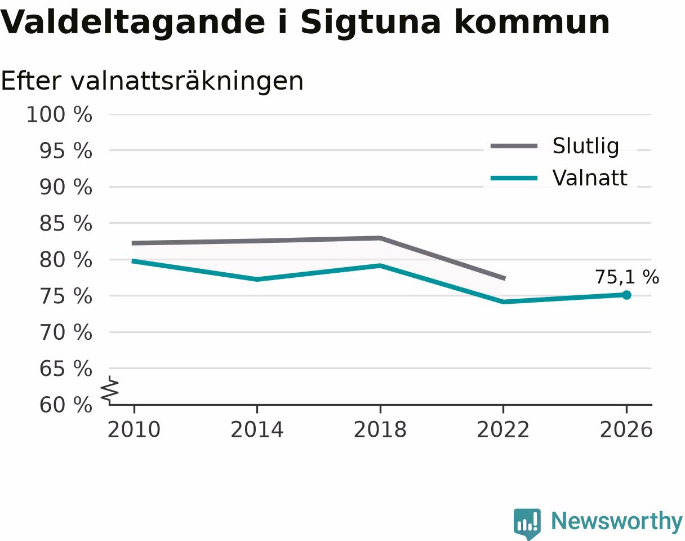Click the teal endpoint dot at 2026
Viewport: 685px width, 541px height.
[x=626, y=295]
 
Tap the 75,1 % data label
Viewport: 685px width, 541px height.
[x=627, y=277]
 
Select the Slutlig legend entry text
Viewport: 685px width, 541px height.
[x=586, y=146]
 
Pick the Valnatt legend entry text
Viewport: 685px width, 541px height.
[x=590, y=178]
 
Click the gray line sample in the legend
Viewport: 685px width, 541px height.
[x=514, y=146]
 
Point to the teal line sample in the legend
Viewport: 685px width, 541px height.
[x=514, y=178]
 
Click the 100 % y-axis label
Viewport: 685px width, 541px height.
[x=59, y=114]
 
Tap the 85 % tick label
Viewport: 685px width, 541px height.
[x=66, y=223]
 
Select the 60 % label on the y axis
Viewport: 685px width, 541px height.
[x=66, y=405]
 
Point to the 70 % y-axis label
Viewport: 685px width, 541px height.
[x=66, y=332]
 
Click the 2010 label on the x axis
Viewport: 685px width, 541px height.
[x=134, y=429]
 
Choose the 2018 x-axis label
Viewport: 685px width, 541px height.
[x=380, y=429]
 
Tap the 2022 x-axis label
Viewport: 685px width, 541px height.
[x=503, y=429]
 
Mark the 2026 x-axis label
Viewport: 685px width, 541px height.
[x=626, y=429]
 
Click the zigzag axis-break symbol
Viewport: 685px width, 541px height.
[x=110, y=388]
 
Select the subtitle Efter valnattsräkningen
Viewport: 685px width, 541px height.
[x=152, y=81]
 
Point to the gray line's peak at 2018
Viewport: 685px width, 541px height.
[x=380, y=238]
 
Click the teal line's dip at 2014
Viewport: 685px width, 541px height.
[x=257, y=280]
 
